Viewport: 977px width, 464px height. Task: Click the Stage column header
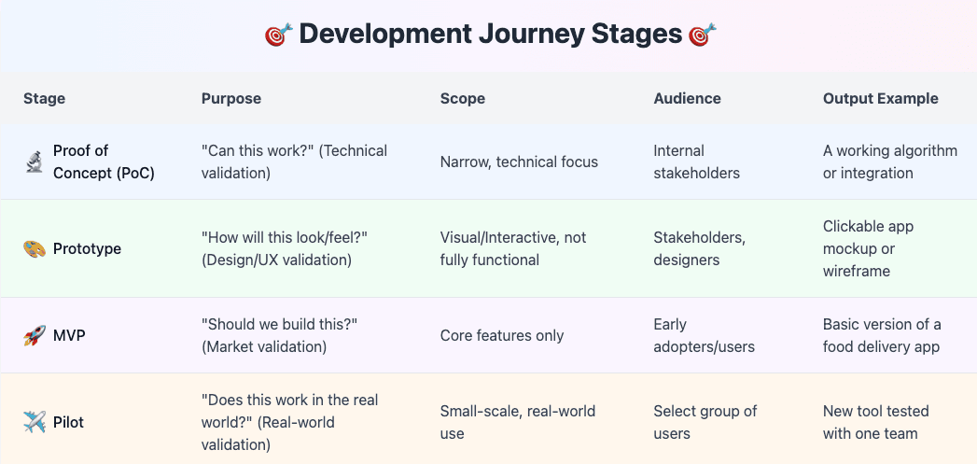coord(44,98)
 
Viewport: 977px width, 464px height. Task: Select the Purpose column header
coord(231,98)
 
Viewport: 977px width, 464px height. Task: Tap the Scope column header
coord(463,98)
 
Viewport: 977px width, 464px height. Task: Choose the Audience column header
coord(687,98)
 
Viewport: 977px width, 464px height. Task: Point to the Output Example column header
coord(880,98)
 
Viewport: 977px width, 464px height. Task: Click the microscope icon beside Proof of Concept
coord(35,162)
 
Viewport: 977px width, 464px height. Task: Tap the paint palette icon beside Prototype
coord(35,249)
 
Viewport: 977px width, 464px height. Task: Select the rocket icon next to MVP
coord(35,336)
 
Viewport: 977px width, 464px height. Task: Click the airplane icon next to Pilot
coord(35,423)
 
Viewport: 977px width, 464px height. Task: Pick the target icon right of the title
coord(702,35)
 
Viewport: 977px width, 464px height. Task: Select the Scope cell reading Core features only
coord(501,336)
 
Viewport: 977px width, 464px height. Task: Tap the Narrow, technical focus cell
coord(519,162)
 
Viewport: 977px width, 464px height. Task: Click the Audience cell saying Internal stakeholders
coord(697,162)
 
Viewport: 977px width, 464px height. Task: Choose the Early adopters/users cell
coord(704,336)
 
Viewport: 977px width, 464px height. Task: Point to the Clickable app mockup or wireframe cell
coord(868,248)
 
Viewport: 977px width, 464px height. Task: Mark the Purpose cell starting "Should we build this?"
coord(279,335)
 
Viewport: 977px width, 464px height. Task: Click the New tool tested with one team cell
coord(870,422)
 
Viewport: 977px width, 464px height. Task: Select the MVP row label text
coord(69,336)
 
